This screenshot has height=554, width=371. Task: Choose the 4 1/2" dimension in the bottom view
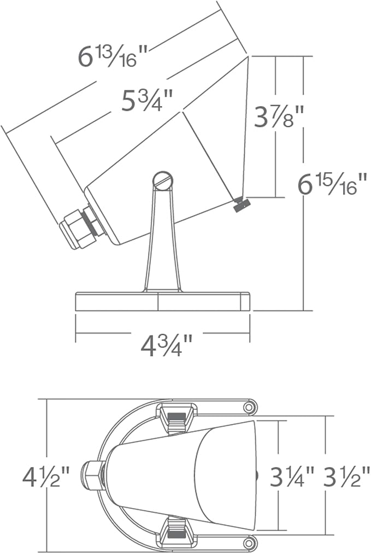[x=46, y=476]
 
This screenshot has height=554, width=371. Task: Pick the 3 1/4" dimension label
[x=293, y=476]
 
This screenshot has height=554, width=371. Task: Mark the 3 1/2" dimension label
[x=346, y=476]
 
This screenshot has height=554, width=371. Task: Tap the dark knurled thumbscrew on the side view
[x=242, y=204]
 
